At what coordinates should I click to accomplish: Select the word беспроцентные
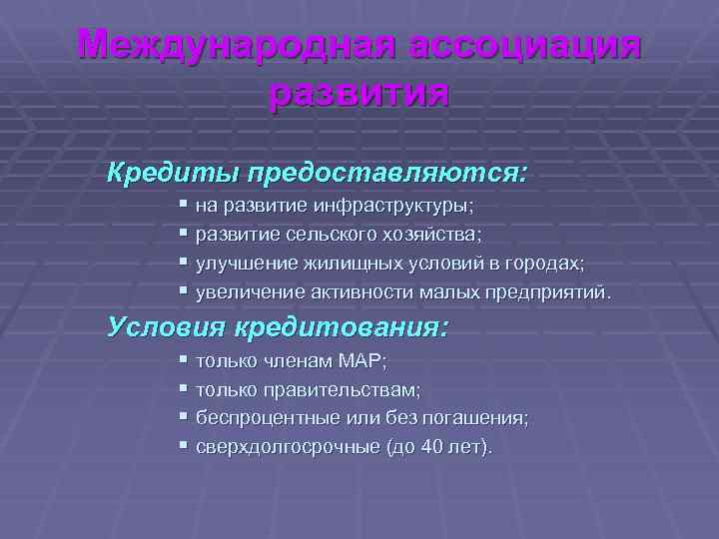tap(255, 418)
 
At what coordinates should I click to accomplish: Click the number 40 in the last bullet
tap(431, 448)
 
